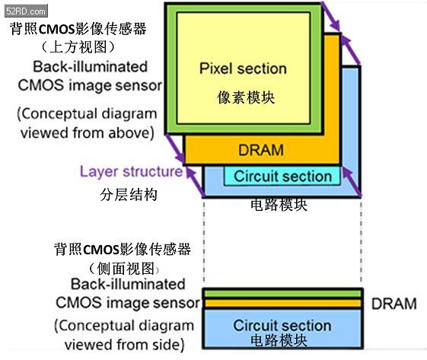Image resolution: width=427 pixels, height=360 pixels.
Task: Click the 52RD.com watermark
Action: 26,11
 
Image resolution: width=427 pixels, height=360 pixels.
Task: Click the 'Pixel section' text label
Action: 243,68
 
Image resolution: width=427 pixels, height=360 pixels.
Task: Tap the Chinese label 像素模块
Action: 246,97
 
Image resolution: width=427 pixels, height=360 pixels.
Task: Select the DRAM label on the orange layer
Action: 261,150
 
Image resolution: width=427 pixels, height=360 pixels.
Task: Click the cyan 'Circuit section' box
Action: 282,176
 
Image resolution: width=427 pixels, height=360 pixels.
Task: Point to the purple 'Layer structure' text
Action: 131,172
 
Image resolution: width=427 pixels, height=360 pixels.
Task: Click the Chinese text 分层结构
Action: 129,195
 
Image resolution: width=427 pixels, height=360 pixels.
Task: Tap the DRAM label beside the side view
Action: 394,304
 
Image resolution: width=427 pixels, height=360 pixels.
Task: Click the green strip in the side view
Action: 282,294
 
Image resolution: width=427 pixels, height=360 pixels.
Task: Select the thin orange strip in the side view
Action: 282,303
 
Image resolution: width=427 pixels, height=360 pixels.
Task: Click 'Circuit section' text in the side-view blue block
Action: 282,325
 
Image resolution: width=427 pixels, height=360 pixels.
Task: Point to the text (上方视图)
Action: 78,47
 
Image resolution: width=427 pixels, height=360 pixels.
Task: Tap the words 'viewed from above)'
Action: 88,133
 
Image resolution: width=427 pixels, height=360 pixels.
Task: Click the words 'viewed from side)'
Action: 125,345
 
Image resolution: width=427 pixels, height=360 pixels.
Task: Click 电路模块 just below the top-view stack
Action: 279,205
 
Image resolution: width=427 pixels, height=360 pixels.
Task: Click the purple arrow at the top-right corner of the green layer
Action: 331,16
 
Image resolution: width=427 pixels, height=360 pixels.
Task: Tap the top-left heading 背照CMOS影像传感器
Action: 78,28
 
